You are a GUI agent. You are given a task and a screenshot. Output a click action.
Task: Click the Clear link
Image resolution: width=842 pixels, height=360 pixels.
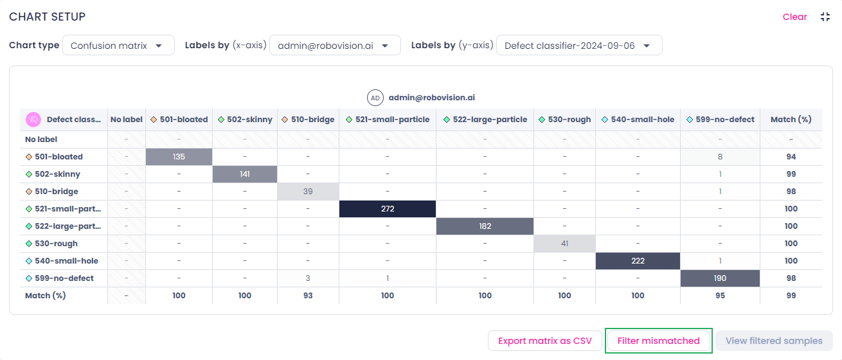coord(794,17)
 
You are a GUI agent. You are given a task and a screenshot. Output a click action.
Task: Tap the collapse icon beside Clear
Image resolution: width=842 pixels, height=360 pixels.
coord(825,17)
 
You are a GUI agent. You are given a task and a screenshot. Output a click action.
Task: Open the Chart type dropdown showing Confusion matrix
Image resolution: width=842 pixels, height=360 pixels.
coord(118,46)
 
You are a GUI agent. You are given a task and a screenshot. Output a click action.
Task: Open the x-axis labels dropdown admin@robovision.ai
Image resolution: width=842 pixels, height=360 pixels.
coord(335,46)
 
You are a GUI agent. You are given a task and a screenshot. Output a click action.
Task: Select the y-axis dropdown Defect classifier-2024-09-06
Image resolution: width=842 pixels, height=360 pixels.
coord(579,46)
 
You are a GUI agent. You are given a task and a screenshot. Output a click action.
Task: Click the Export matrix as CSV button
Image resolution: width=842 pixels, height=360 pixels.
coord(545,341)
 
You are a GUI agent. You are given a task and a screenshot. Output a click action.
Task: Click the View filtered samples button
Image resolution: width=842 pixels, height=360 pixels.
coord(774,341)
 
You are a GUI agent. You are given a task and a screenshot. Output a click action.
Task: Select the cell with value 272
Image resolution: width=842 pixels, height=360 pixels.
coord(388,209)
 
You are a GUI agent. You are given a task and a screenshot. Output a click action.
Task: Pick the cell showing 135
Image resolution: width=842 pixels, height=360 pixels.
coord(179,157)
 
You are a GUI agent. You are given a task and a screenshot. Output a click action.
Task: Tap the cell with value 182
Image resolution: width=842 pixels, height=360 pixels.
coord(485,226)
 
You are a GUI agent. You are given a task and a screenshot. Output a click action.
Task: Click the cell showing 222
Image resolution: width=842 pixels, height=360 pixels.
coord(638,261)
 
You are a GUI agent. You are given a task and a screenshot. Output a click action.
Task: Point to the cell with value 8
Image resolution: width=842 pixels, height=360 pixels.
coord(721,157)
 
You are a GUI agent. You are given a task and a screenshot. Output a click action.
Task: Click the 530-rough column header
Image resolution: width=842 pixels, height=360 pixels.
coord(564,120)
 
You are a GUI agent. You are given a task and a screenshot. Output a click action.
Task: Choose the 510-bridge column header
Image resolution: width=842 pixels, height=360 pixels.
coord(308,120)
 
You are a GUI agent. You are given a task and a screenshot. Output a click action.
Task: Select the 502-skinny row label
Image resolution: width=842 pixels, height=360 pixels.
coord(53,174)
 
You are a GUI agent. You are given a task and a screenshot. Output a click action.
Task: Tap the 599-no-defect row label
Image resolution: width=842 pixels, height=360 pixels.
coord(59,278)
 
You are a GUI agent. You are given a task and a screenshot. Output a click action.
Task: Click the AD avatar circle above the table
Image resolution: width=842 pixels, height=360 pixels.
coord(375,98)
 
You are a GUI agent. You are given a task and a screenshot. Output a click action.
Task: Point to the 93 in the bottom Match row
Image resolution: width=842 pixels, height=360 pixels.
coord(308,296)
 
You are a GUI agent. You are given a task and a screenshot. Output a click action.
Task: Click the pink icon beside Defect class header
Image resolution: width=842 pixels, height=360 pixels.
coord(33,120)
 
